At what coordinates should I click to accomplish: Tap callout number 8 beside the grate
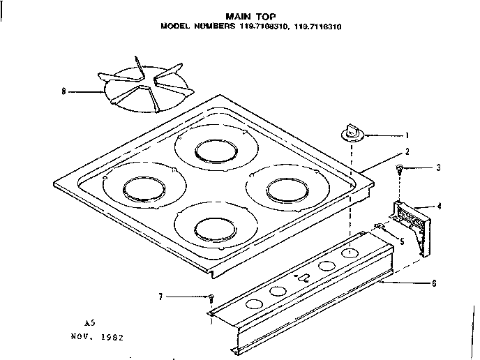pyautogui.click(x=65, y=91)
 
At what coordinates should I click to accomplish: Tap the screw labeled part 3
pyautogui.click(x=399, y=168)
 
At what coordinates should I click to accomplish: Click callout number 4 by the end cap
pyautogui.click(x=439, y=206)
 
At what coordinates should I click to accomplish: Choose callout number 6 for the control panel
pyautogui.click(x=434, y=283)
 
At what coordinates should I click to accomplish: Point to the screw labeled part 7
pyautogui.click(x=210, y=299)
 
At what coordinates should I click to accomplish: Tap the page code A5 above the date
pyautogui.click(x=89, y=324)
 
